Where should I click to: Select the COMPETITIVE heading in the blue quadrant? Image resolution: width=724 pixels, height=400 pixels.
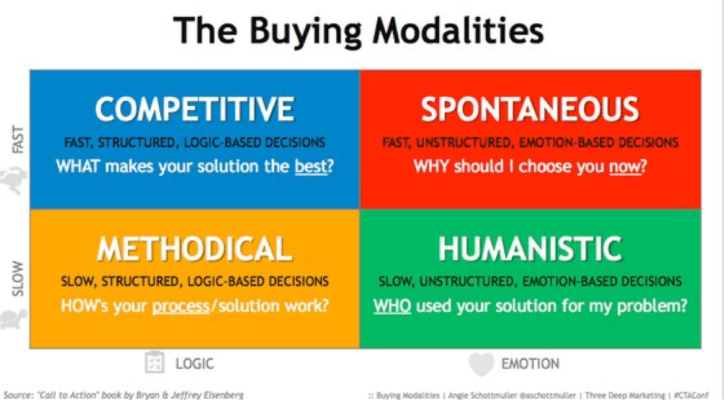[194, 109]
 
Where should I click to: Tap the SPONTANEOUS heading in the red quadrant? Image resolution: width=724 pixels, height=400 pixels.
[530, 109]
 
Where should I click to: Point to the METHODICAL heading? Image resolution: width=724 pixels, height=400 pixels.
[194, 249]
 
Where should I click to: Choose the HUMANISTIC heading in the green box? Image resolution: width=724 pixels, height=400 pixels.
[530, 249]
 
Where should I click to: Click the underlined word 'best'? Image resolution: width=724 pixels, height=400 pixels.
[310, 166]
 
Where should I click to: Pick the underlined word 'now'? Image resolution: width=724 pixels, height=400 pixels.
[625, 166]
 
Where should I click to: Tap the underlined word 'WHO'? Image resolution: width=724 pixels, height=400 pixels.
[392, 306]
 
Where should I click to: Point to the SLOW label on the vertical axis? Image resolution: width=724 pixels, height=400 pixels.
[17, 278]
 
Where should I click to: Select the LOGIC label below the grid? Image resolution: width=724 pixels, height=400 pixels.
[194, 363]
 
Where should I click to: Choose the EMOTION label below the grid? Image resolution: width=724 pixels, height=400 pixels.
[530, 363]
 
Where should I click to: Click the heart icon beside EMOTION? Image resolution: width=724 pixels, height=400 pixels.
[481, 364]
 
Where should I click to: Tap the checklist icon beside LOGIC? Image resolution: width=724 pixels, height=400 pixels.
[154, 363]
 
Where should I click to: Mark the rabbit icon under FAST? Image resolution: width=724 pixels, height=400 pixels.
[14, 180]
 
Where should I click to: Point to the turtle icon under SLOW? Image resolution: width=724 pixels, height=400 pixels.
[14, 319]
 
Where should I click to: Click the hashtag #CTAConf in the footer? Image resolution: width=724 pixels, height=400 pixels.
[691, 396]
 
